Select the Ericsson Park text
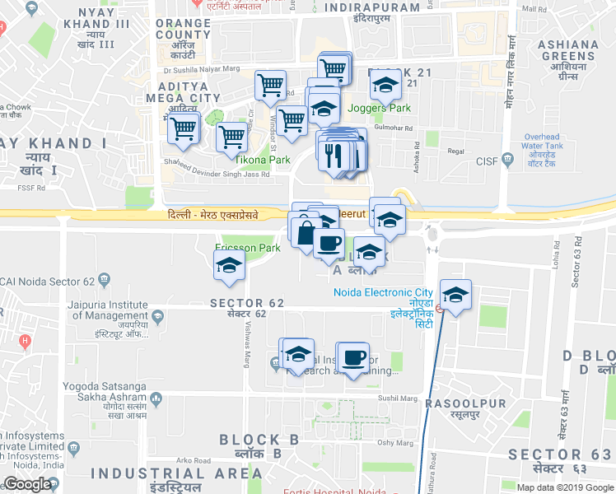click(247, 247)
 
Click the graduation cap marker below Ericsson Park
click(229, 265)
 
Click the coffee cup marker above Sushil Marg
click(353, 357)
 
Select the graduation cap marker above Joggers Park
click(385, 84)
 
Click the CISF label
click(488, 161)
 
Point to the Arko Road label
click(194, 460)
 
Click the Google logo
click(27, 484)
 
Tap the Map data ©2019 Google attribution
click(565, 487)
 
